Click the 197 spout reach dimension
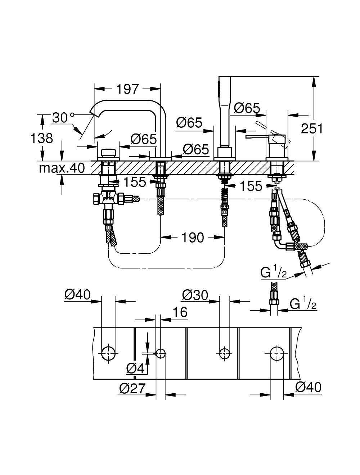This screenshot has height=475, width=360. click(x=128, y=89)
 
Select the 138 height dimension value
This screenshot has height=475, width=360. click(x=42, y=138)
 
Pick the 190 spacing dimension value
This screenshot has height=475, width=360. click(x=193, y=237)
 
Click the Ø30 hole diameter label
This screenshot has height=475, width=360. click(x=195, y=295)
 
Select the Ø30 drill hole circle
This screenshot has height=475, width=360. click(x=225, y=353)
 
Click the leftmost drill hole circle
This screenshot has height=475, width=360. click(x=108, y=353)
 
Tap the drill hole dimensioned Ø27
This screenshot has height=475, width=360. click(x=161, y=353)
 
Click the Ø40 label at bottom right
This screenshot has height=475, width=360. click(x=308, y=387)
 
